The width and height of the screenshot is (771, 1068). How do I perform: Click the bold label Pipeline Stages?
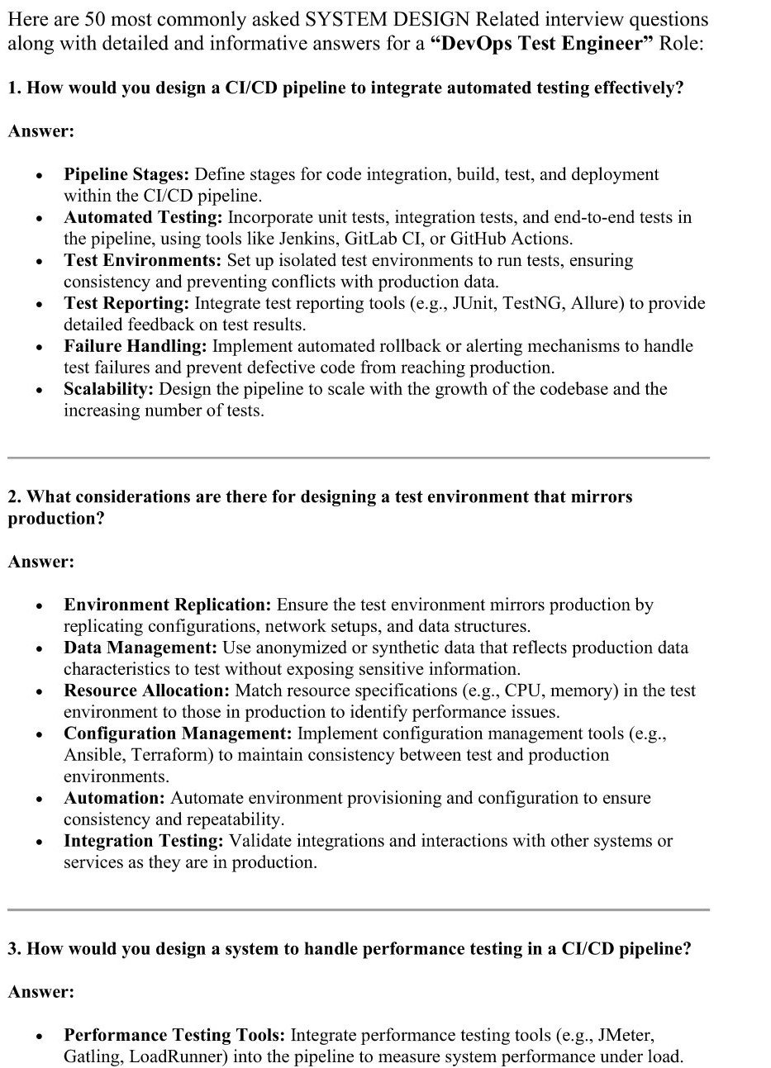126,174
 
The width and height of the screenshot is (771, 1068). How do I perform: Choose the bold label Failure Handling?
136,346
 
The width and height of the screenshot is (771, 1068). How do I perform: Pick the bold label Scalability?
108,389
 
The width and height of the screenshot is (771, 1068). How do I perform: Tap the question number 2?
13,496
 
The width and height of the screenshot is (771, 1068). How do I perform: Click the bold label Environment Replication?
168,605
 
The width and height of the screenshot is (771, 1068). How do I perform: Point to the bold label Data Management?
140,648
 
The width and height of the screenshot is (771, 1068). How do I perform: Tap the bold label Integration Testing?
144,841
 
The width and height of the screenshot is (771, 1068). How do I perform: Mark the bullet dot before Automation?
39,800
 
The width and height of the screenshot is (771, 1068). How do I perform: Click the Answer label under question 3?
41,992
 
